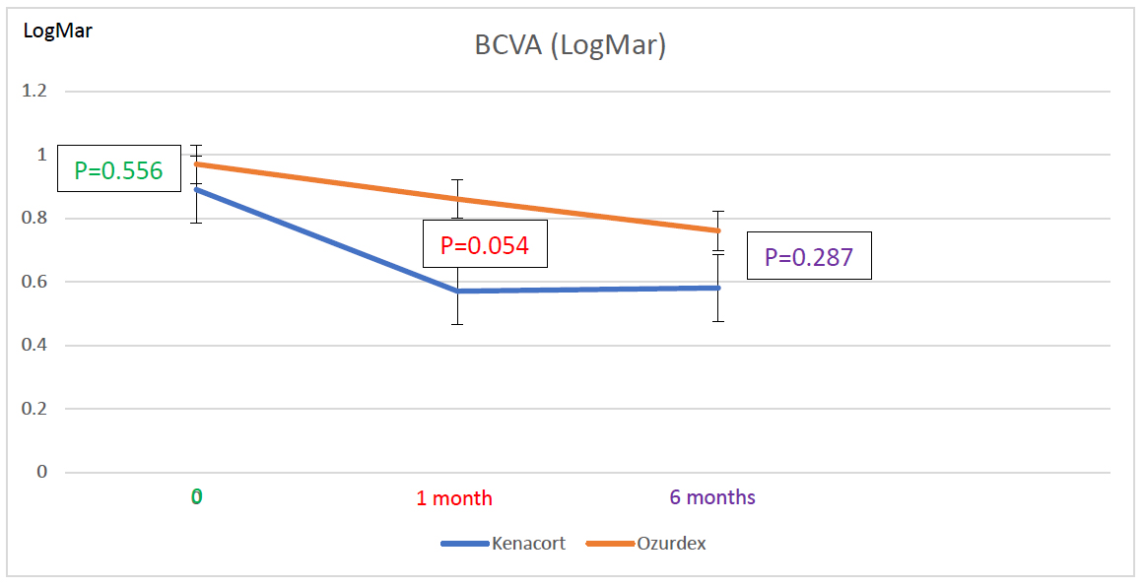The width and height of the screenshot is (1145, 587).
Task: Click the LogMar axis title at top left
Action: (x=58, y=31)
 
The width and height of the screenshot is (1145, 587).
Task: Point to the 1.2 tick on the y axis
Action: (x=35, y=92)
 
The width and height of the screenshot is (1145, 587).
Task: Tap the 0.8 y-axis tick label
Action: (x=35, y=219)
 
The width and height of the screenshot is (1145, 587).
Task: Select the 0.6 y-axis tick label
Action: (x=35, y=282)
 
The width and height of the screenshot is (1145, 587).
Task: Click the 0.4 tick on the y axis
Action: (x=35, y=346)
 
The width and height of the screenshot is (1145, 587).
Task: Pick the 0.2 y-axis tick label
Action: (x=35, y=409)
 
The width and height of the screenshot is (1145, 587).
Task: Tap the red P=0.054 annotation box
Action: (x=485, y=245)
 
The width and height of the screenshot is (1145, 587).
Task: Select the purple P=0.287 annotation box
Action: (x=809, y=257)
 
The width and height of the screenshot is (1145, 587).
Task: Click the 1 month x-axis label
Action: (x=453, y=498)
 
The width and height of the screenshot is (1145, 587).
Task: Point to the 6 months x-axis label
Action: (x=712, y=497)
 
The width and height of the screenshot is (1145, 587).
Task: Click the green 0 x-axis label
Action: (x=197, y=497)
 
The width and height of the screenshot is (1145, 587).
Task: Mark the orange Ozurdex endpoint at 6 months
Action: (x=719, y=230)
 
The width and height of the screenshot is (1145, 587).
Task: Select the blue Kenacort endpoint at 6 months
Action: (x=719, y=288)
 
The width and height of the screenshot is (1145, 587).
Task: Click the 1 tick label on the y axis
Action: (x=42, y=156)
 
